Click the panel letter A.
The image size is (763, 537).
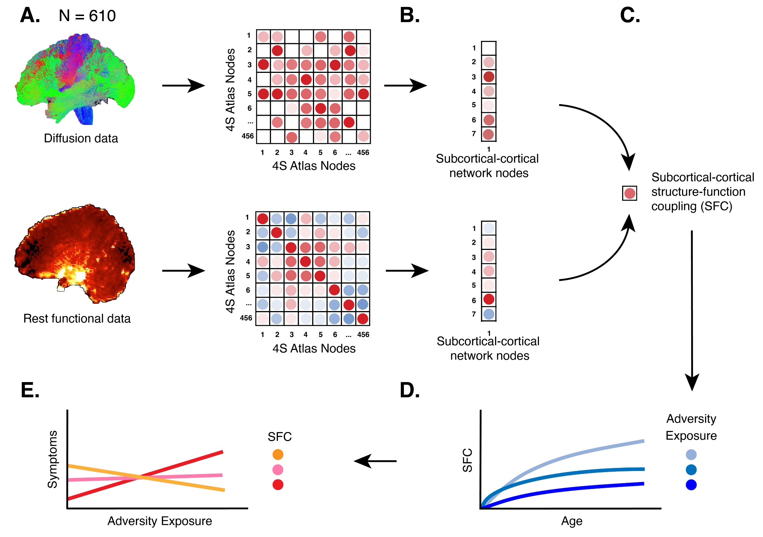coord(30,16)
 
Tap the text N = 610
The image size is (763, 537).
coord(87,16)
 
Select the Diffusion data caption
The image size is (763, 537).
coord(81,138)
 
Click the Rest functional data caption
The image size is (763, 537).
coord(77,318)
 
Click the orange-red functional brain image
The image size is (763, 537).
coord(74,254)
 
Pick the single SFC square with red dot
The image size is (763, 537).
coord(629,193)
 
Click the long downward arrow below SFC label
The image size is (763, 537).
coord(692,309)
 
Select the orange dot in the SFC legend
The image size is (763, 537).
coord(278,455)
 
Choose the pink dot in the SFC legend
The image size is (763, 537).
coord(278,470)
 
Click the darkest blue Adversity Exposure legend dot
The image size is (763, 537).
coord(691,485)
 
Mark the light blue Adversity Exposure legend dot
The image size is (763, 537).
coord(691,455)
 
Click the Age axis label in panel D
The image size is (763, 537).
coord(571,521)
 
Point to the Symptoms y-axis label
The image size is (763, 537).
coord(52,460)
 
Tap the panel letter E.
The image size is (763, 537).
coord(30,390)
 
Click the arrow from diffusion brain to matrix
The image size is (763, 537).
coord(183,85)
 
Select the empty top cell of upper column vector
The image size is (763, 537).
coord(489,48)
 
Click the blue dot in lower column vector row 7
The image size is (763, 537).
coord(489,314)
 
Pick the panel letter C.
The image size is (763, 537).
coord(630,16)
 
